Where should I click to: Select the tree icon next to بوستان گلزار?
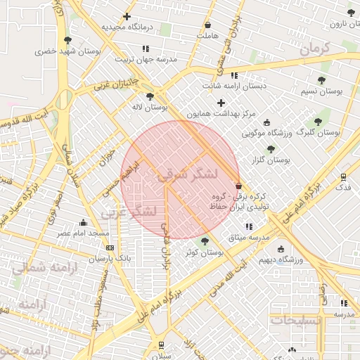click(271, 149)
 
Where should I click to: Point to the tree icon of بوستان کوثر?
click(205, 241)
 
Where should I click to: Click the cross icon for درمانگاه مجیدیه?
click(127, 16)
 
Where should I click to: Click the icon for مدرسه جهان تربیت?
click(146, 49)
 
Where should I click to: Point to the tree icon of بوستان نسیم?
click(321, 80)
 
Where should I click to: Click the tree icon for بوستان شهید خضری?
click(67, 40)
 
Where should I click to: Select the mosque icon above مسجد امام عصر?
click(84, 223)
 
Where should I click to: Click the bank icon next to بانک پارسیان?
click(110, 247)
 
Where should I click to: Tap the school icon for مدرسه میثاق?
click(249, 226)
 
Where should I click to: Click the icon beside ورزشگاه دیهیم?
click(281, 249)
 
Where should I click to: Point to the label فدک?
click(343, 188)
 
